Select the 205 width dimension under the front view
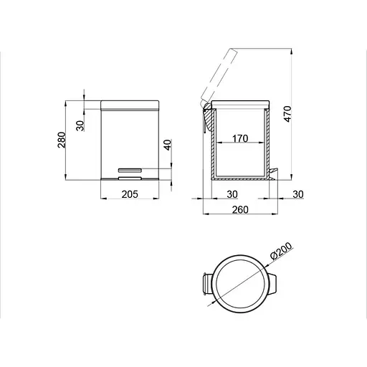point(129,193)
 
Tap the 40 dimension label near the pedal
point(168,146)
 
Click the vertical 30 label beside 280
point(81,123)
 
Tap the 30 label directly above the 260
point(233,193)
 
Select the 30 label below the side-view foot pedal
point(297,193)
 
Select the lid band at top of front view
point(129,105)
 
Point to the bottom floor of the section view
point(240,178)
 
